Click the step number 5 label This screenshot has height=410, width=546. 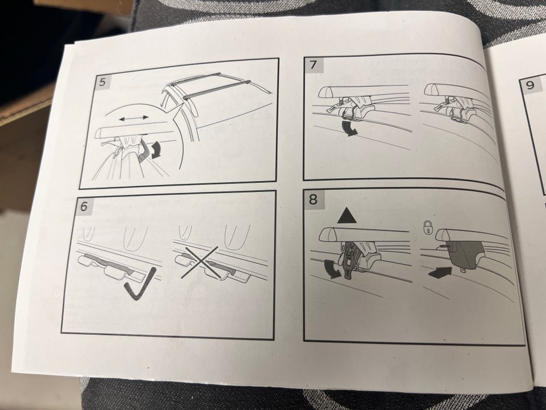(x=102, y=83)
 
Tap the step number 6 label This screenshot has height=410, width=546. (x=84, y=207)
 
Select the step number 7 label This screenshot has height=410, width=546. (x=313, y=65)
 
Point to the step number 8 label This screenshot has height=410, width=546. (x=313, y=199)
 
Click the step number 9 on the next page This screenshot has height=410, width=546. (x=530, y=85)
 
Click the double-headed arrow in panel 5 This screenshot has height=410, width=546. (x=134, y=118)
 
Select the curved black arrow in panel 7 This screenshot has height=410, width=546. (x=349, y=128)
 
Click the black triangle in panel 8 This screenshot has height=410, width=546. (x=347, y=215)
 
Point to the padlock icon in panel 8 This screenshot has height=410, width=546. (x=427, y=228)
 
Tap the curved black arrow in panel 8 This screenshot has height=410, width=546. (x=331, y=270)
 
